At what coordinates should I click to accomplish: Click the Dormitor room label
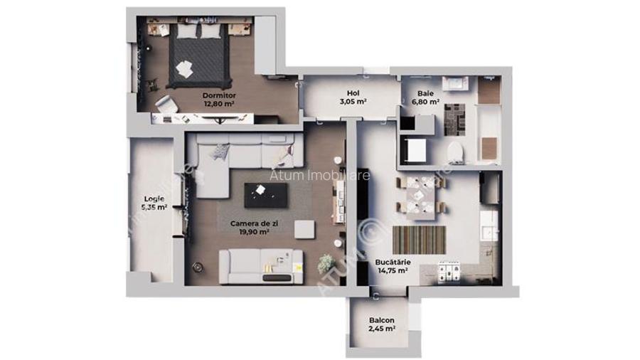(x=218, y=95)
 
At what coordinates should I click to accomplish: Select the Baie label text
(x=426, y=93)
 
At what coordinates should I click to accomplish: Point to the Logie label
(x=154, y=198)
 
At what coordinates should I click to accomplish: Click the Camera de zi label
(x=249, y=223)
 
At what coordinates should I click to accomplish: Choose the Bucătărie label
(x=391, y=263)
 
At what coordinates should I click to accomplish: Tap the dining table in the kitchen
(x=421, y=195)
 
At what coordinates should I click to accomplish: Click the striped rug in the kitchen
(x=419, y=240)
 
